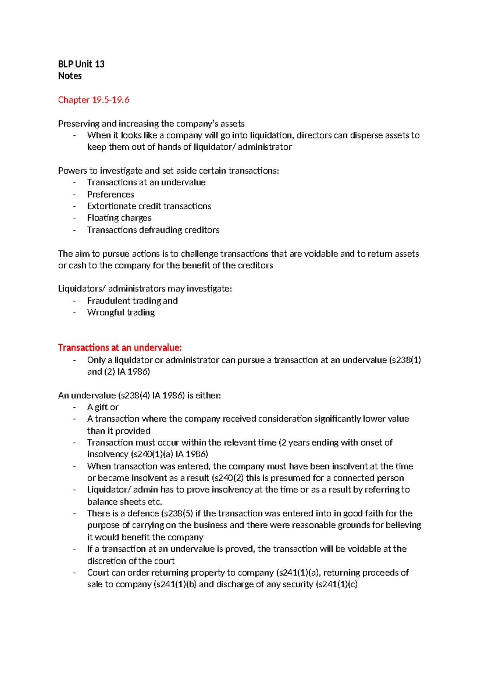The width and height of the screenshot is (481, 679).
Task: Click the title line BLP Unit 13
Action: pyautogui.click(x=81, y=64)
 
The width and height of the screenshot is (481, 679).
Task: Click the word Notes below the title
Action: pyautogui.click(x=70, y=76)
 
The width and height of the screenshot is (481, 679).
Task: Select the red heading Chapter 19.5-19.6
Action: pyautogui.click(x=94, y=100)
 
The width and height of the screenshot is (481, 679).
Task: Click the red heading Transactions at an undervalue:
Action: pyautogui.click(x=120, y=348)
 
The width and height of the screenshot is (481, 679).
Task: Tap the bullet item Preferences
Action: pyautogui.click(x=111, y=195)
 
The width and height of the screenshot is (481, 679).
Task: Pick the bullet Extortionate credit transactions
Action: pyautogui.click(x=149, y=206)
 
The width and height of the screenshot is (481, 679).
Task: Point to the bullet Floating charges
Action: pyautogui.click(x=119, y=218)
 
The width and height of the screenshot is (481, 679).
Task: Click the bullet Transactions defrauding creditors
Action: pyautogui.click(x=153, y=230)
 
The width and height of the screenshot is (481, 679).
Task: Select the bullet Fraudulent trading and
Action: pyautogui.click(x=132, y=301)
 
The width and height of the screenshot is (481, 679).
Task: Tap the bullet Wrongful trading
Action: pyautogui.click(x=121, y=312)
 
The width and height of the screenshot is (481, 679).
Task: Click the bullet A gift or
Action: pyautogui.click(x=103, y=407)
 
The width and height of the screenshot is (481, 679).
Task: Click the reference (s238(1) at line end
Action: pyautogui.click(x=405, y=360)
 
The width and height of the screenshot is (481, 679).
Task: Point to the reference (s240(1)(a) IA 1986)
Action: pyautogui.click(x=169, y=454)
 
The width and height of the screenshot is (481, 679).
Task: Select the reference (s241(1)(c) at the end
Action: pyautogui.click(x=336, y=584)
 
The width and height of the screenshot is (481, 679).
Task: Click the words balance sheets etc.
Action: pyautogui.click(x=125, y=502)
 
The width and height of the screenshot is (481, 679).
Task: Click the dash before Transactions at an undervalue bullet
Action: pyautogui.click(x=75, y=183)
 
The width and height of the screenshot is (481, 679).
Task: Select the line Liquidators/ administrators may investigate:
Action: pyautogui.click(x=145, y=289)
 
